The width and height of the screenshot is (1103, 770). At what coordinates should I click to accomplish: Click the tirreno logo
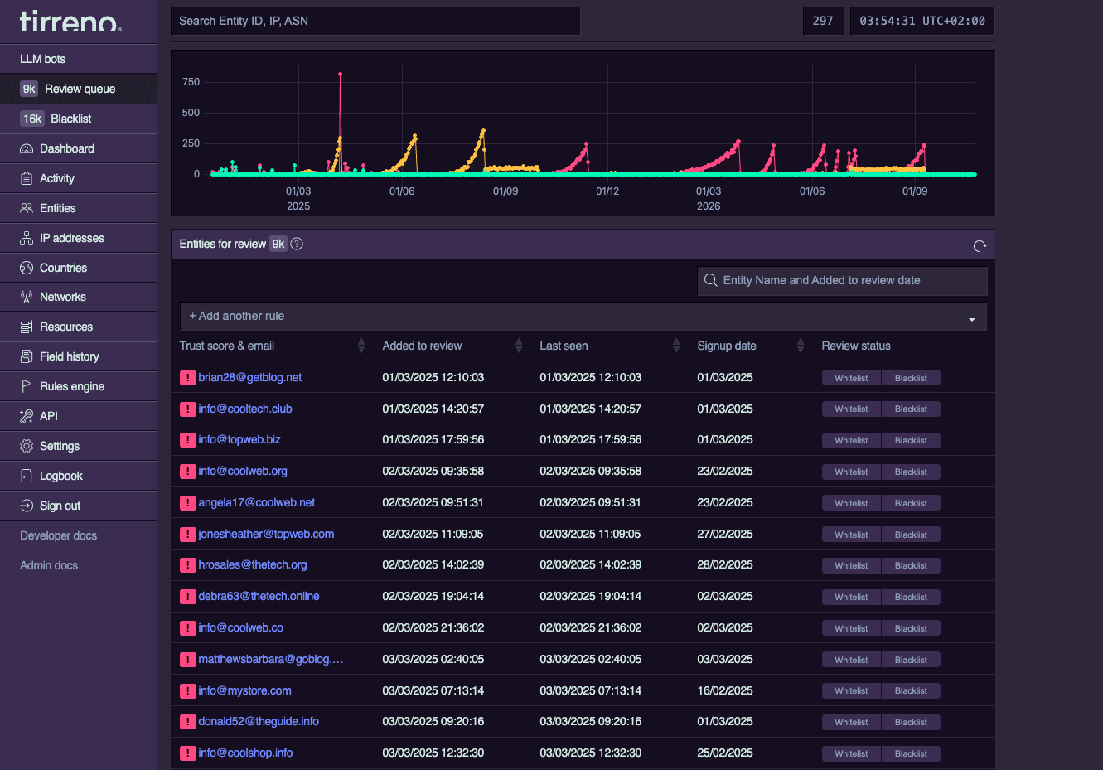[70, 22]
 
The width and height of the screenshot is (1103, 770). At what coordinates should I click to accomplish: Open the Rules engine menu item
[71, 386]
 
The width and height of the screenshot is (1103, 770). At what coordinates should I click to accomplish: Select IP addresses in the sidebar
[71, 238]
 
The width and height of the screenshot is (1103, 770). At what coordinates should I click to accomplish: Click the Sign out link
[60, 506]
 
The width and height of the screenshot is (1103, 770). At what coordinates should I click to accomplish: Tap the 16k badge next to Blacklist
[32, 119]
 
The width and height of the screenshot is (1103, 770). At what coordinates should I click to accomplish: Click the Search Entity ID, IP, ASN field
[375, 21]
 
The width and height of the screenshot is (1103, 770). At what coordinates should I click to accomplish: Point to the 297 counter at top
[822, 21]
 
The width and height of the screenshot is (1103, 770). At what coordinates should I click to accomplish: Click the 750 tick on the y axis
[191, 82]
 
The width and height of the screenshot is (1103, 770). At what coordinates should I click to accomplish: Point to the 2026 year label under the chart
[708, 206]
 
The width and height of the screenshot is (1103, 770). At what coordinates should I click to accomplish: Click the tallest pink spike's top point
[341, 75]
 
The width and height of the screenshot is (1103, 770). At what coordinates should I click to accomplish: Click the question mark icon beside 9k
[297, 244]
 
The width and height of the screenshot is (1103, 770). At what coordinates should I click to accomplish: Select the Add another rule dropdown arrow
[971, 320]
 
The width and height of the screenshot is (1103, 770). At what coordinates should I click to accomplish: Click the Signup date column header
[726, 346]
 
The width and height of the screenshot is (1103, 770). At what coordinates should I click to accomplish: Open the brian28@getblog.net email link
[249, 377]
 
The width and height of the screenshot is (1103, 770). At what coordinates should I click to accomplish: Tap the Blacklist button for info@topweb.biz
[911, 440]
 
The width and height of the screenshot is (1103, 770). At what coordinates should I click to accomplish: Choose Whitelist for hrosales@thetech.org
[851, 565]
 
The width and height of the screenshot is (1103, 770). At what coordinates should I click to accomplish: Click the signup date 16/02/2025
[725, 690]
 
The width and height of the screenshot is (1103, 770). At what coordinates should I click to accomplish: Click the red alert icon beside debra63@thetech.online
[187, 597]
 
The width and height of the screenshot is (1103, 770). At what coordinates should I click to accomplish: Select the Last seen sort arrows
[676, 346]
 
